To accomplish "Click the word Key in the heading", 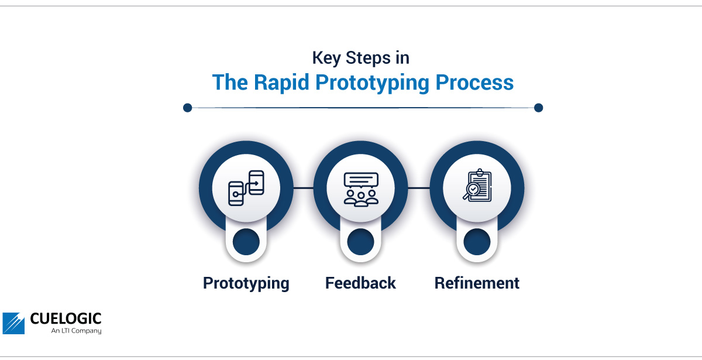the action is click(326, 59).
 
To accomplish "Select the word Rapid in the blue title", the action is click(281, 83).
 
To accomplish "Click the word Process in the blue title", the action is click(474, 83).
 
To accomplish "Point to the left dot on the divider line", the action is click(187, 108).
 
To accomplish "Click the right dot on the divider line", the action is click(538, 108).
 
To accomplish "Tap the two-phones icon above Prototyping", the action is click(246, 188).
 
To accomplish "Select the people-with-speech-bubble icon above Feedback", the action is click(361, 189).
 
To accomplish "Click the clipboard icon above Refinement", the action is click(477, 186).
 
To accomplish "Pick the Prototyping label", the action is click(246, 283).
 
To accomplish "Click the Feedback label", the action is click(360, 283).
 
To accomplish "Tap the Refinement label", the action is click(477, 283).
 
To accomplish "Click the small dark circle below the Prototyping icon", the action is click(246, 242).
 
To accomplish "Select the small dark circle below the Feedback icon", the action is click(361, 242).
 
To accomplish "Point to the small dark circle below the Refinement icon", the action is click(477, 242).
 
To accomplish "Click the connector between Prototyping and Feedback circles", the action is click(304, 188).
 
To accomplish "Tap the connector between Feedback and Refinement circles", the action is click(419, 188).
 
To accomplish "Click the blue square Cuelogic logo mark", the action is click(13, 323).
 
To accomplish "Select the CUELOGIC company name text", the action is click(66, 318).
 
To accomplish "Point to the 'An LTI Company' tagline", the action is click(77, 331).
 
